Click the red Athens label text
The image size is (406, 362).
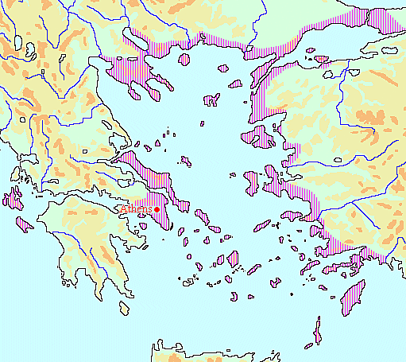pos(136,209)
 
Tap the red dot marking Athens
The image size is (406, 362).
pos(157,209)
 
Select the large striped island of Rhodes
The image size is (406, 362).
pos(351,299)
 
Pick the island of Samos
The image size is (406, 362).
pos(289,216)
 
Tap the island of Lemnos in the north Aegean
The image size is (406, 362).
pos(211,100)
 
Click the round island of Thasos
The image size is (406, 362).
pos(185,59)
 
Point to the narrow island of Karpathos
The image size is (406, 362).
pos(318,330)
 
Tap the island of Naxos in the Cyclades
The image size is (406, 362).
pos(234,259)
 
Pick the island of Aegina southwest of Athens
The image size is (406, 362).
pos(143,225)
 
